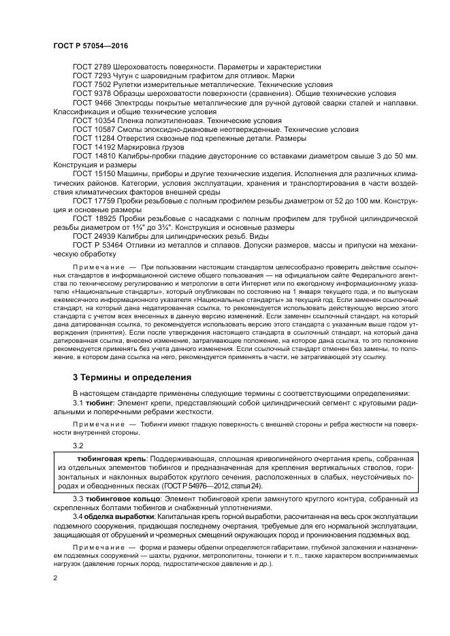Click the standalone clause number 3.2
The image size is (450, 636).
[x=78, y=445]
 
